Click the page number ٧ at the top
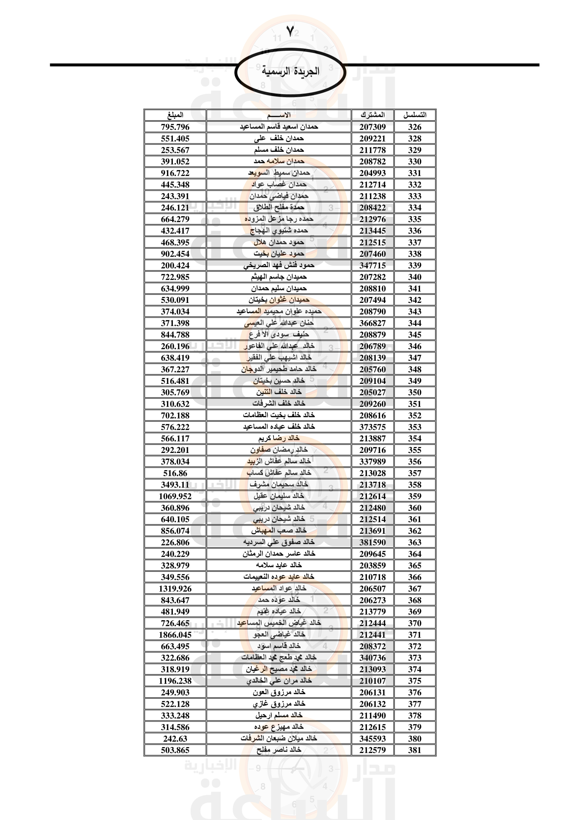290,32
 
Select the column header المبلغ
175,115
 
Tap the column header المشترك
372,115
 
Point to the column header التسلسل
414,115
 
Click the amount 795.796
175,127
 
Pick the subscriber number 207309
372,127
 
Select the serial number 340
414,277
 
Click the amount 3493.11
175,484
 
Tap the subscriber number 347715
372,265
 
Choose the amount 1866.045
175,635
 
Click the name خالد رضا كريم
278,438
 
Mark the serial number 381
414,750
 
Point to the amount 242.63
175,739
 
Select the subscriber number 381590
372,542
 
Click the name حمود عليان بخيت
278,253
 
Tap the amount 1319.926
175,589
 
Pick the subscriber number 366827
372,323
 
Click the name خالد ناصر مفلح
278,750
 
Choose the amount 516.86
175,473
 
